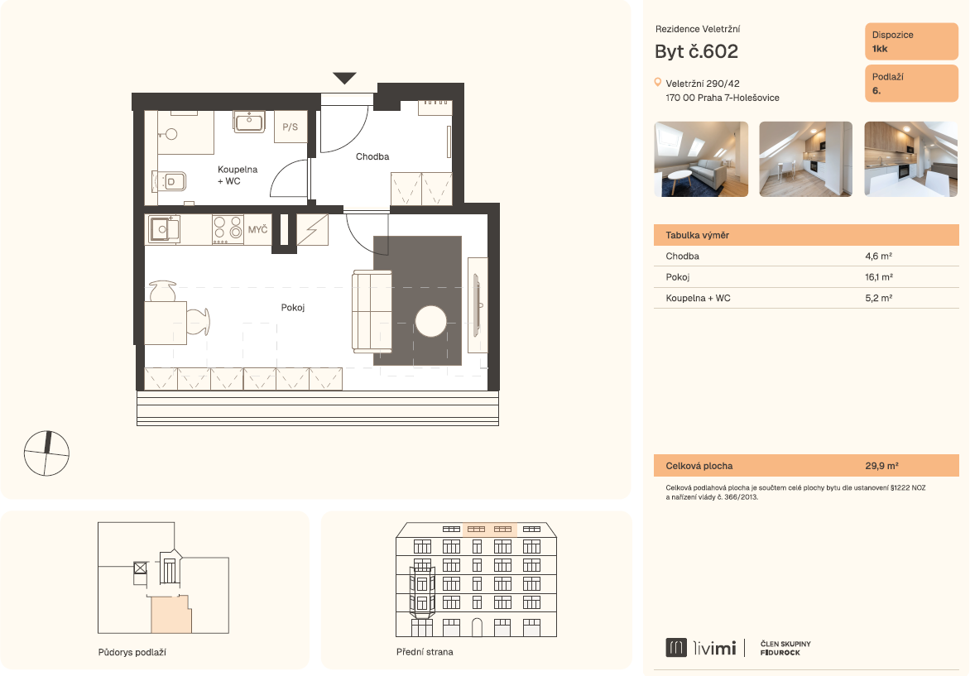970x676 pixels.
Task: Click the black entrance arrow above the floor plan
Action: (344, 78)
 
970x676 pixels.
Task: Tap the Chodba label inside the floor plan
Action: (372, 156)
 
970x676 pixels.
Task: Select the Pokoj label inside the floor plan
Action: (293, 307)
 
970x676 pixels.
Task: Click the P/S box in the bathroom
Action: (291, 127)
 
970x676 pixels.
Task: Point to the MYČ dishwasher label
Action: (257, 229)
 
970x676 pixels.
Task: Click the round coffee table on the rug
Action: (430, 322)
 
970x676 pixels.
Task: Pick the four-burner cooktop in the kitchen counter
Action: (228, 229)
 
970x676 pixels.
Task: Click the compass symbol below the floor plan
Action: (46, 453)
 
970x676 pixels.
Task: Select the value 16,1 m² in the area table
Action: (878, 277)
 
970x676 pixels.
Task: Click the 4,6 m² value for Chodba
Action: (878, 256)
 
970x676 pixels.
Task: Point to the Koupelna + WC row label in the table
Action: (698, 298)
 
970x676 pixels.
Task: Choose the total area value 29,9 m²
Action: (881, 466)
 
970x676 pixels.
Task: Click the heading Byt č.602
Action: (697, 51)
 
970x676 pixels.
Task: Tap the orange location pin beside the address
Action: (658, 82)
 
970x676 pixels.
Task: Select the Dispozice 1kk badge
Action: (911, 41)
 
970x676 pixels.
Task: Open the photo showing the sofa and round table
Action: (701, 159)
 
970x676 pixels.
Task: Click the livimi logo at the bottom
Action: (701, 648)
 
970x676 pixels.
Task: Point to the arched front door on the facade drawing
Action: (477, 627)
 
